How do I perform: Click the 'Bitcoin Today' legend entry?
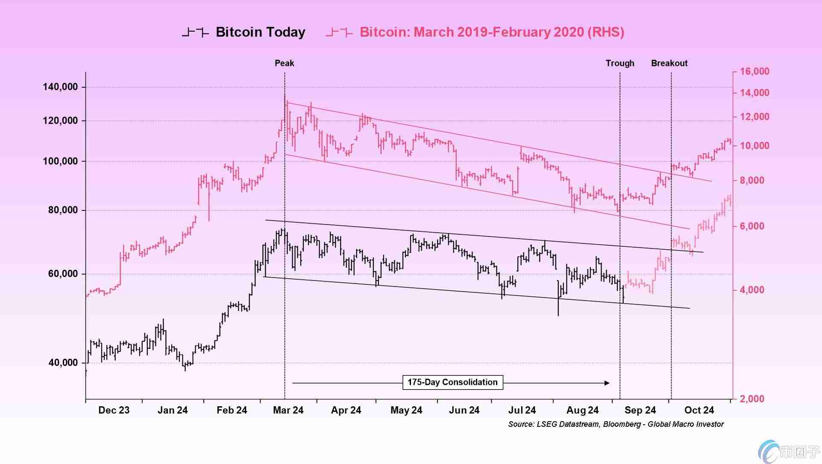(x=260, y=32)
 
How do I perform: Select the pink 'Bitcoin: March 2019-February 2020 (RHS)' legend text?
(x=492, y=32)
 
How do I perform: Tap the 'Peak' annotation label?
(x=284, y=63)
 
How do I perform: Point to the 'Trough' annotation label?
(x=620, y=63)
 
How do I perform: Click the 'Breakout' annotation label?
(x=669, y=63)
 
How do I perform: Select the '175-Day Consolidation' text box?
(x=452, y=382)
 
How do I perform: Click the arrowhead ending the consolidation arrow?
(x=607, y=383)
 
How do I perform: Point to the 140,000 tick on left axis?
(x=60, y=87)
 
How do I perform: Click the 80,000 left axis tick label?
(x=63, y=210)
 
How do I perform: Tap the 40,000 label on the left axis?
(x=63, y=363)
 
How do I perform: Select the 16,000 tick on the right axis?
(x=754, y=71)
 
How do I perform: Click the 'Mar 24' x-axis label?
(x=288, y=410)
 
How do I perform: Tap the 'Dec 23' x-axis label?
(x=114, y=410)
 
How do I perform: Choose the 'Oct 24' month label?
(x=699, y=410)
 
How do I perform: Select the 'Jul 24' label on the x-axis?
(x=522, y=410)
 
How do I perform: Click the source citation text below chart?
(x=616, y=424)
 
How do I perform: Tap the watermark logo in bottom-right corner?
(x=789, y=452)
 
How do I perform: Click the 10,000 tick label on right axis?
(x=754, y=146)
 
